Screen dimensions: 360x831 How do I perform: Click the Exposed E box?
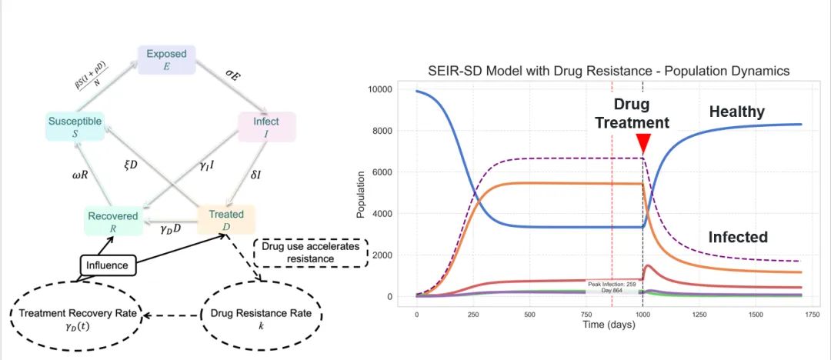167,59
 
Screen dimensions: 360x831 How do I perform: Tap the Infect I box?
265,126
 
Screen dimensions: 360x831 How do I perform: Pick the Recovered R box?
112,221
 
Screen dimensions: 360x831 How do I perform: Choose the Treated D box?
226,219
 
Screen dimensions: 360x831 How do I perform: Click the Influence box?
108,266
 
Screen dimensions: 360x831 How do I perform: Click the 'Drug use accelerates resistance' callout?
311,253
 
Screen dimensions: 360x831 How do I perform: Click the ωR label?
70,175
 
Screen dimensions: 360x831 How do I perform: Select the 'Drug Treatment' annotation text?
642,114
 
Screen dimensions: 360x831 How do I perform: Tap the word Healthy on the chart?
736,112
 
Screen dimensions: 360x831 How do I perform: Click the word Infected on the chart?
737,237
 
